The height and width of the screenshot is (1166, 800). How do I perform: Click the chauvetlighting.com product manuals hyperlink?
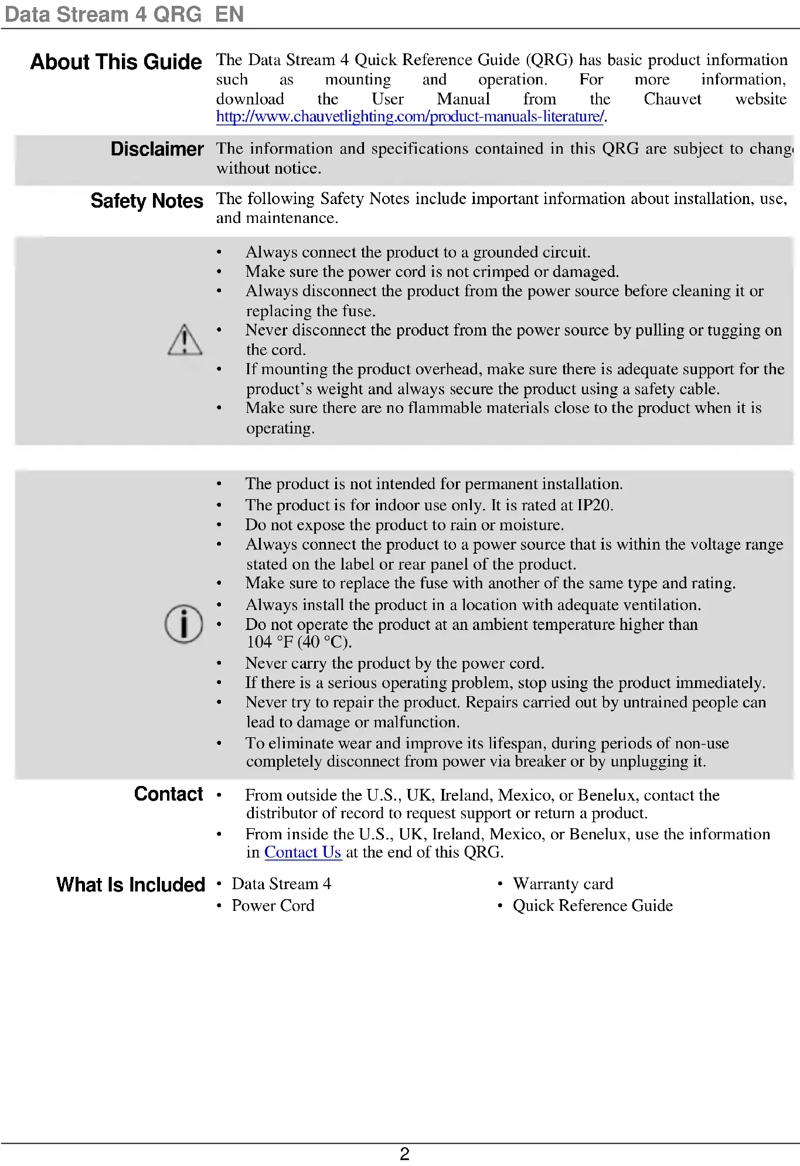(x=410, y=117)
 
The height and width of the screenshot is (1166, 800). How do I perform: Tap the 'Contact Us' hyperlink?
(x=302, y=852)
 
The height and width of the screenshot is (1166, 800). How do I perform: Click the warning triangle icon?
(x=185, y=340)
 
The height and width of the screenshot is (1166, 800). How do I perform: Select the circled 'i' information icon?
(x=183, y=624)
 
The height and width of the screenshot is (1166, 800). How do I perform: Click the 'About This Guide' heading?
(x=116, y=62)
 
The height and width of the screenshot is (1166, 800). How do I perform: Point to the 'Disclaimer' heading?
(x=157, y=150)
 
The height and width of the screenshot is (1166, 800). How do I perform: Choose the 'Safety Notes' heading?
(x=147, y=201)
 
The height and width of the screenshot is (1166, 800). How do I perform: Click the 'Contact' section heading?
(x=168, y=794)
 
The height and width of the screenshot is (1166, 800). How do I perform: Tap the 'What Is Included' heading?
(x=131, y=885)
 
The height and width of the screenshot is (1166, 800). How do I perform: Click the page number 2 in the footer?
(x=404, y=1154)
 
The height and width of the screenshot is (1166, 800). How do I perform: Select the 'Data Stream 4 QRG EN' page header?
(x=124, y=14)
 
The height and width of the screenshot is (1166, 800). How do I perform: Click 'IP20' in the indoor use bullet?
(x=594, y=505)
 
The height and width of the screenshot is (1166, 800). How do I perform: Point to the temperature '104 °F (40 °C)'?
(x=299, y=642)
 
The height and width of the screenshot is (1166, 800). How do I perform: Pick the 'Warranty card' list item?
(x=563, y=884)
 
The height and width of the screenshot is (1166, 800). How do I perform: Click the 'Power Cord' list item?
(x=273, y=906)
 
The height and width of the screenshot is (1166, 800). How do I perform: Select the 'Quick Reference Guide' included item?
(x=593, y=906)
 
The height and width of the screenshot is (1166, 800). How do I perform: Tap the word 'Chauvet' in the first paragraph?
(x=672, y=99)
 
